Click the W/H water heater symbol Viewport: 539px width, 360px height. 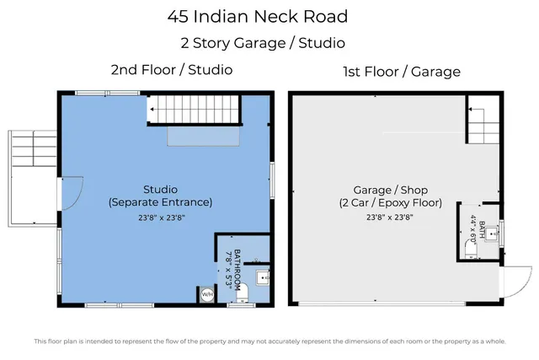(206, 294)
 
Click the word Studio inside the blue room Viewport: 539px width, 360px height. (160, 188)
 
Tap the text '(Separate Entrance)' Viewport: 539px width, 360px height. (160, 202)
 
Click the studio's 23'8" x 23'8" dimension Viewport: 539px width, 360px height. (160, 218)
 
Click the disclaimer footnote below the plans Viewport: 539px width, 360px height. (269, 341)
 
